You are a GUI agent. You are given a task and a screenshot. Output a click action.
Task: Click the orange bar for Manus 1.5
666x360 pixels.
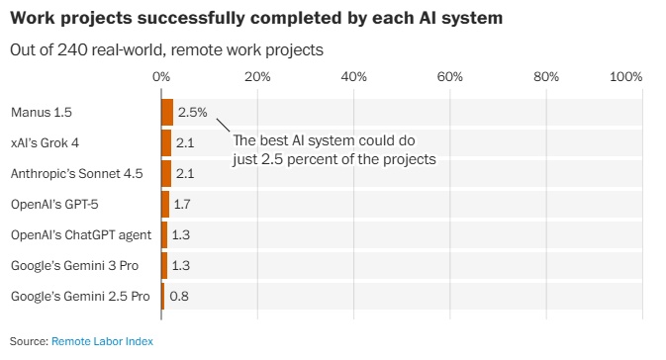pyautogui.click(x=167, y=112)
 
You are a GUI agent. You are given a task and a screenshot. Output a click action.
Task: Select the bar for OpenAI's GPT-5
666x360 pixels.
pyautogui.click(x=165, y=204)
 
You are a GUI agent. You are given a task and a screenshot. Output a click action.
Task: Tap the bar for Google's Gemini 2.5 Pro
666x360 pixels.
pyautogui.click(x=163, y=296)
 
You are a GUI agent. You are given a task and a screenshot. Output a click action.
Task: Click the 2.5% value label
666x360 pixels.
pyautogui.click(x=192, y=112)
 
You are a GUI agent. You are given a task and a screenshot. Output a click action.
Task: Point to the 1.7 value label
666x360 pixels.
pyautogui.click(x=182, y=204)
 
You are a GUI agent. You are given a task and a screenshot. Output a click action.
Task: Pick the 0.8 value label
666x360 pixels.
pyautogui.click(x=179, y=296)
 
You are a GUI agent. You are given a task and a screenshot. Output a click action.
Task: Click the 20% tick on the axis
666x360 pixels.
pyautogui.click(x=257, y=77)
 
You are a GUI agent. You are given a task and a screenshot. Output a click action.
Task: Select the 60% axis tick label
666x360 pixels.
pyautogui.click(x=450, y=77)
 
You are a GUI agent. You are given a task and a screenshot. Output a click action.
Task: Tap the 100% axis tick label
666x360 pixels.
pyautogui.click(x=626, y=77)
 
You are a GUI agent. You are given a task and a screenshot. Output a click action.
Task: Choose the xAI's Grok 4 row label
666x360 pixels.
pyautogui.click(x=45, y=142)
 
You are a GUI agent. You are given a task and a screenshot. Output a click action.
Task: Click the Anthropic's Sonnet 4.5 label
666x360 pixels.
pyautogui.click(x=76, y=173)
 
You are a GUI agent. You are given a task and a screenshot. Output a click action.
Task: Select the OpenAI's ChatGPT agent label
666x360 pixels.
pyautogui.click(x=80, y=234)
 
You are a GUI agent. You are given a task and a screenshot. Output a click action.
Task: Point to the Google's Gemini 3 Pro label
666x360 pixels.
pyautogui.click(x=75, y=265)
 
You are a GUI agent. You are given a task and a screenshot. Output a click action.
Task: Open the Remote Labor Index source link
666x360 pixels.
pyautogui.click(x=102, y=340)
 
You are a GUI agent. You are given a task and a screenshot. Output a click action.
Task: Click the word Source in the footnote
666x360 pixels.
pyautogui.click(x=28, y=340)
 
